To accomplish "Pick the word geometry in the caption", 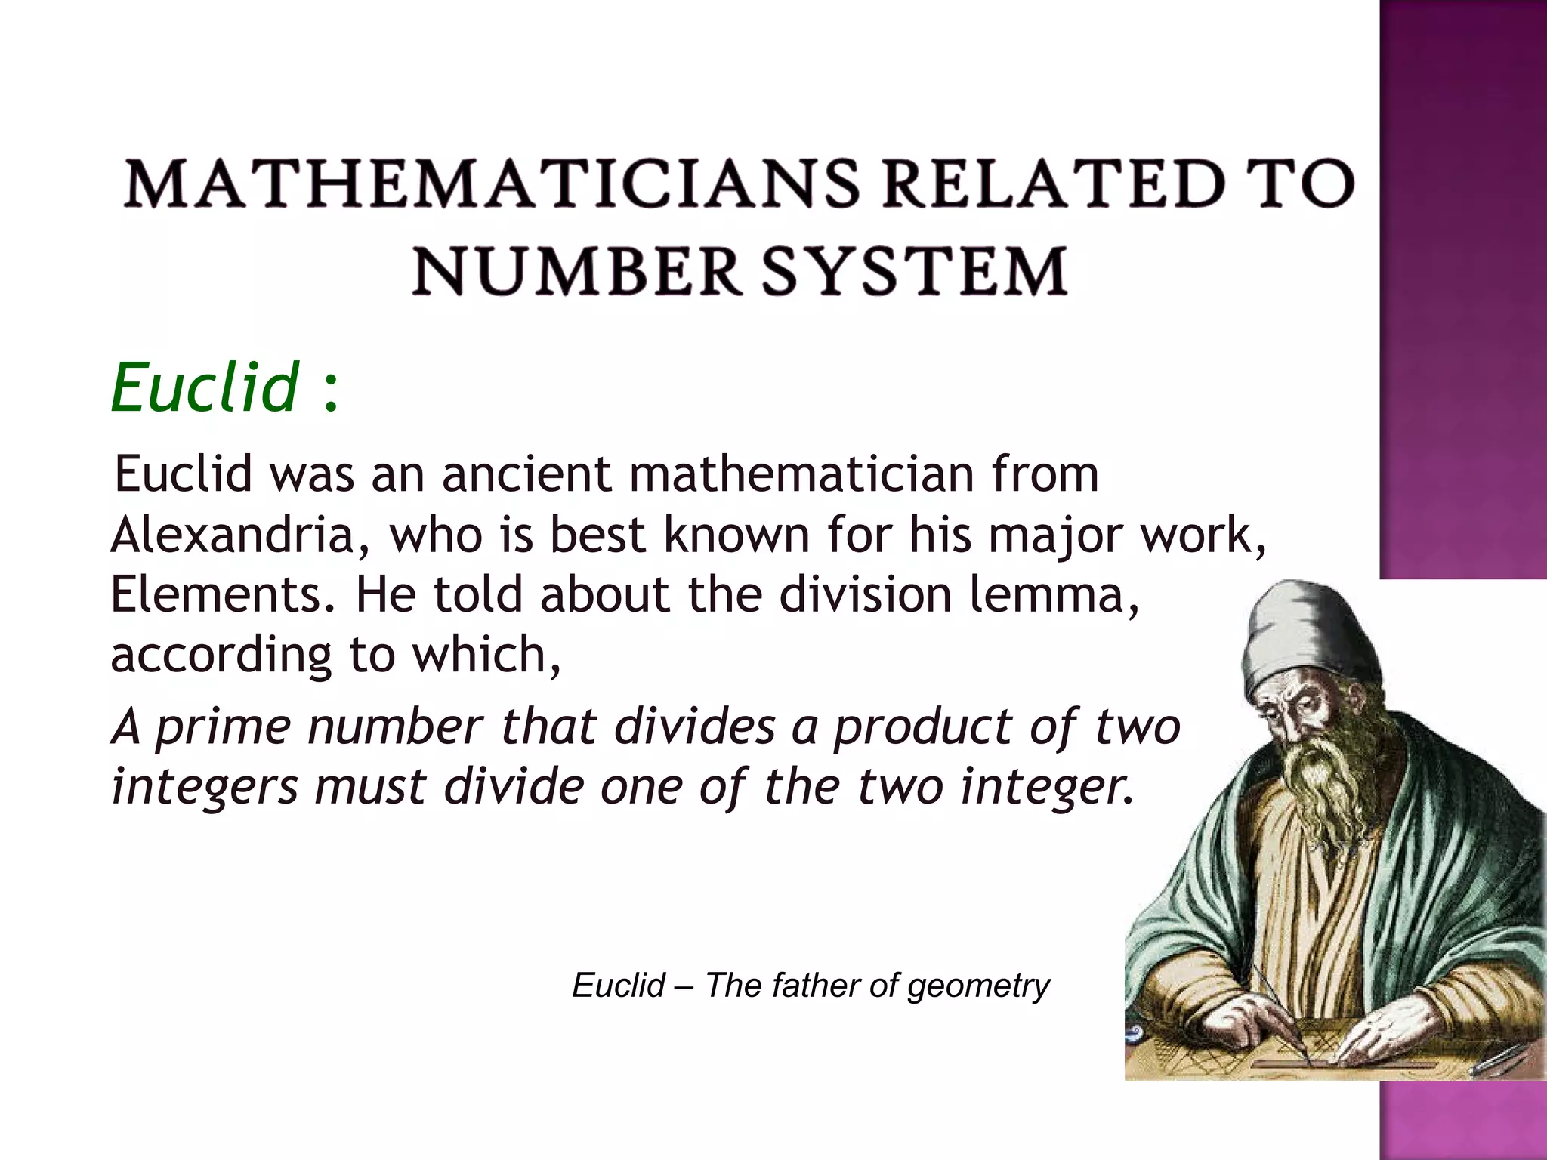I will pyautogui.click(x=978, y=986).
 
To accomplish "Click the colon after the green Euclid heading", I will pyautogui.click(x=329, y=393).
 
